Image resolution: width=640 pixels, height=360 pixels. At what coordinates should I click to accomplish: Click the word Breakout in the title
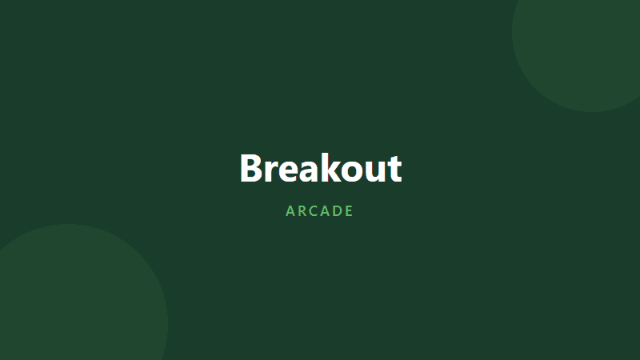[320, 169]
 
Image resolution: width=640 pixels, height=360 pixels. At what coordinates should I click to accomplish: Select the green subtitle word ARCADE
[320, 211]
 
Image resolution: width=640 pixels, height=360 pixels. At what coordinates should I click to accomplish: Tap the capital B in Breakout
[253, 169]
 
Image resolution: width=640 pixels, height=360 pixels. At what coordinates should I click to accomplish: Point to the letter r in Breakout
[273, 172]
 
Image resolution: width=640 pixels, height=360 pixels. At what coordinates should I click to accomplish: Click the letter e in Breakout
[290, 172]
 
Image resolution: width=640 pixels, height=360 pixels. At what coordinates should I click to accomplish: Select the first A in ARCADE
[290, 211]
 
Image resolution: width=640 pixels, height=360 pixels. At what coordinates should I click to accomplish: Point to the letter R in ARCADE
[302, 211]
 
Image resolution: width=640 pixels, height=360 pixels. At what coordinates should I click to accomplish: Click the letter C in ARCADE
[314, 211]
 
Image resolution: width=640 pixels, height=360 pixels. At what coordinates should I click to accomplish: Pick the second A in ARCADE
[326, 211]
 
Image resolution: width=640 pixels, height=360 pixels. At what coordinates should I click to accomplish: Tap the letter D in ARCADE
[338, 211]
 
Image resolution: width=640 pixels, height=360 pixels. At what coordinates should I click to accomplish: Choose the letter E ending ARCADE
[350, 211]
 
